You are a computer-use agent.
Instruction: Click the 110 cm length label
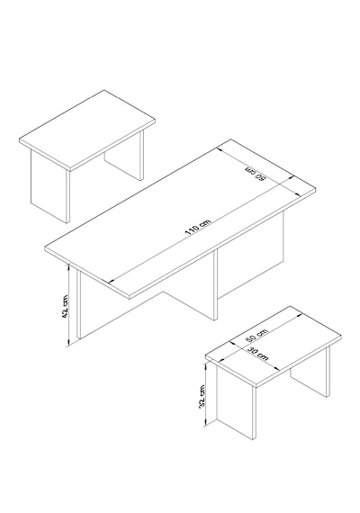tap(198, 227)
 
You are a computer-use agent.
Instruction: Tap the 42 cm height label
tap(65, 306)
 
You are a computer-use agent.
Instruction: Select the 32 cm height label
tap(202, 396)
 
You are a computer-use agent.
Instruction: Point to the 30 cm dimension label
tap(257, 354)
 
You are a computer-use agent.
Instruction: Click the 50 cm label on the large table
tap(256, 174)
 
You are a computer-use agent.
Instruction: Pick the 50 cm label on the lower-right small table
tap(256, 336)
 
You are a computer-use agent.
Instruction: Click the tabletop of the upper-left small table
tap(87, 130)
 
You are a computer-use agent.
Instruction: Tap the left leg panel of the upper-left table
tap(50, 187)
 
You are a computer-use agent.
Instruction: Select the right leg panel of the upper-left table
tap(124, 157)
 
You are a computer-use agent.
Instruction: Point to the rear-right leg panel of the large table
tap(250, 256)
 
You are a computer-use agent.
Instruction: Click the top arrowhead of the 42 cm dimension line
tap(68, 266)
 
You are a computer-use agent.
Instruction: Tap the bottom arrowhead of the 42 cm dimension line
tap(68, 343)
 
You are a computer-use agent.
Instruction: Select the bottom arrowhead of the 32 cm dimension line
tap(205, 424)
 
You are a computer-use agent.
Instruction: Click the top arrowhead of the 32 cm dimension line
tap(205, 365)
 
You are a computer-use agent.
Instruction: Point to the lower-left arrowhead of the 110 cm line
tap(111, 282)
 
